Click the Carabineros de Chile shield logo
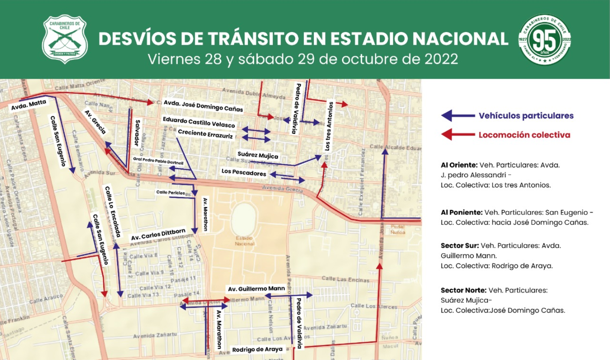pyautogui.click(x=65, y=39)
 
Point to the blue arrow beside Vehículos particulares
pyautogui.click(x=457, y=116)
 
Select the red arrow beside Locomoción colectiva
pyautogui.click(x=457, y=135)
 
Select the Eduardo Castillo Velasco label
pyautogui.click(x=199, y=122)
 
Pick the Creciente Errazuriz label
pyautogui.click(x=206, y=134)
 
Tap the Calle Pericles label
pyautogui.click(x=170, y=192)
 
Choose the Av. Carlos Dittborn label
pyautogui.click(x=158, y=234)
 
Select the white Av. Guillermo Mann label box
pyautogui.click(x=256, y=289)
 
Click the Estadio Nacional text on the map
pyautogui.click(x=245, y=241)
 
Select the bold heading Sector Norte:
pyautogui.click(x=463, y=290)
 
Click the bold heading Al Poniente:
pyautogui.click(x=461, y=213)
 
